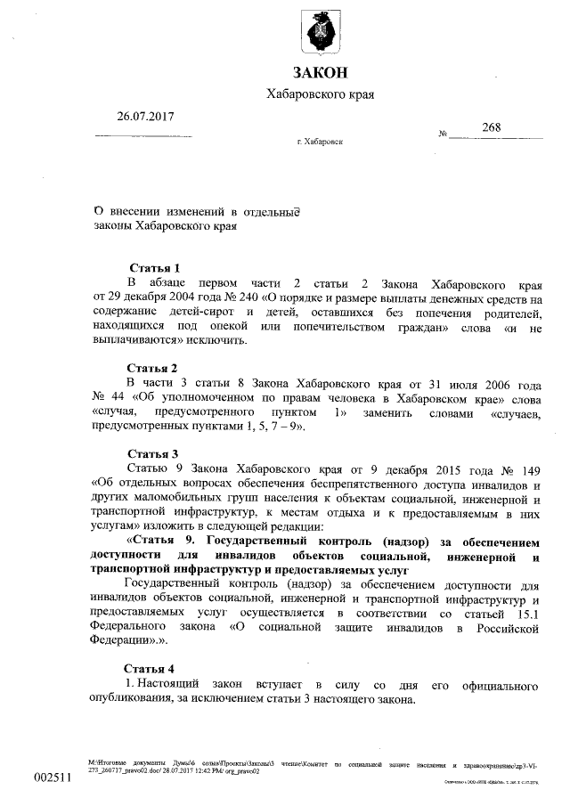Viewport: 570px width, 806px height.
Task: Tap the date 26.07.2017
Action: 144,116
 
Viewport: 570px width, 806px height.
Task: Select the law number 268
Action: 491,127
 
